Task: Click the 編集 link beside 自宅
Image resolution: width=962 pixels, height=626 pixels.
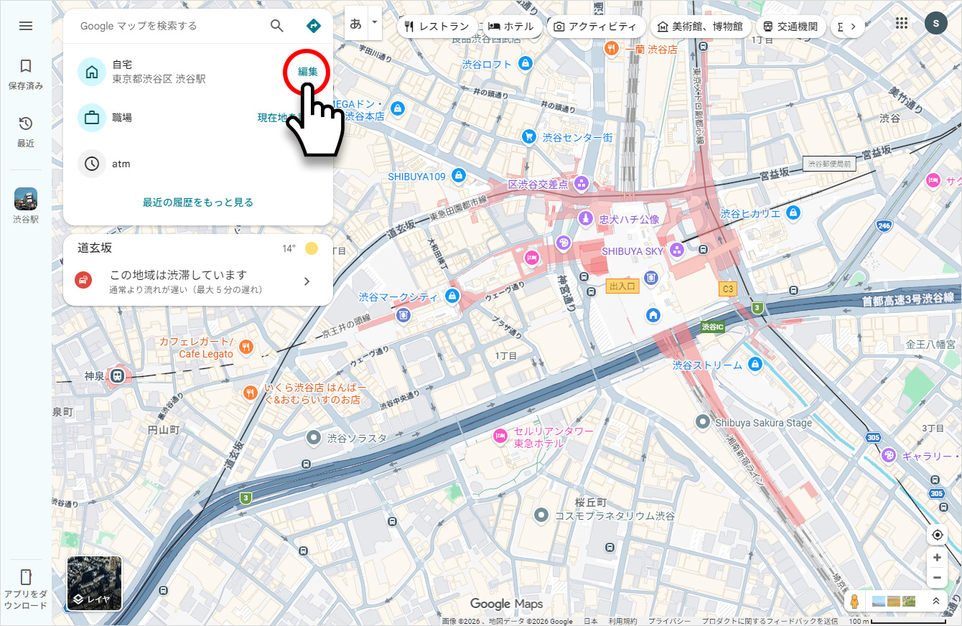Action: (x=307, y=72)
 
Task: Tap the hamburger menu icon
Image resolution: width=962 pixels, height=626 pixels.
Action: (x=26, y=26)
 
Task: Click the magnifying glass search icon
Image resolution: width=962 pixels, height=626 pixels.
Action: (x=277, y=26)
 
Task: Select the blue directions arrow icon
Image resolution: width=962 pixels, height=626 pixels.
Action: (x=314, y=26)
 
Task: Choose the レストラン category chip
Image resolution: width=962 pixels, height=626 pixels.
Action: (x=436, y=27)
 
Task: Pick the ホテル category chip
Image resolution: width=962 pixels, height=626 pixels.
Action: (x=511, y=27)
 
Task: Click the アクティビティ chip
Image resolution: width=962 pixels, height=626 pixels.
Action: (x=595, y=27)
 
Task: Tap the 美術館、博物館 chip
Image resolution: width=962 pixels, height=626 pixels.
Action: (x=700, y=27)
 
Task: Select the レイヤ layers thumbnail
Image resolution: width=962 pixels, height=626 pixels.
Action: (x=94, y=583)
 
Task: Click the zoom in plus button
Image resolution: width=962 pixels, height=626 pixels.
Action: (x=937, y=558)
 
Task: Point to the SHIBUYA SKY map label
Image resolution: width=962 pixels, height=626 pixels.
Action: (x=632, y=251)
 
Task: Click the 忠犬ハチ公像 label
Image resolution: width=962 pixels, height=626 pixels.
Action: (x=629, y=219)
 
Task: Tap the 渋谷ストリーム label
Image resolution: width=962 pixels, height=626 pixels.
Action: (x=707, y=365)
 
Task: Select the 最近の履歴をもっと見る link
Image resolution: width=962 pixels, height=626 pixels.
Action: (x=198, y=202)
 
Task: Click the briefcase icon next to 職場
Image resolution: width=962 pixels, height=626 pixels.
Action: (x=92, y=118)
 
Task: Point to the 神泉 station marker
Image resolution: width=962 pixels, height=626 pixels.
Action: (x=116, y=375)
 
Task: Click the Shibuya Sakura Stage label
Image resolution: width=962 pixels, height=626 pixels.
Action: (x=763, y=423)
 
